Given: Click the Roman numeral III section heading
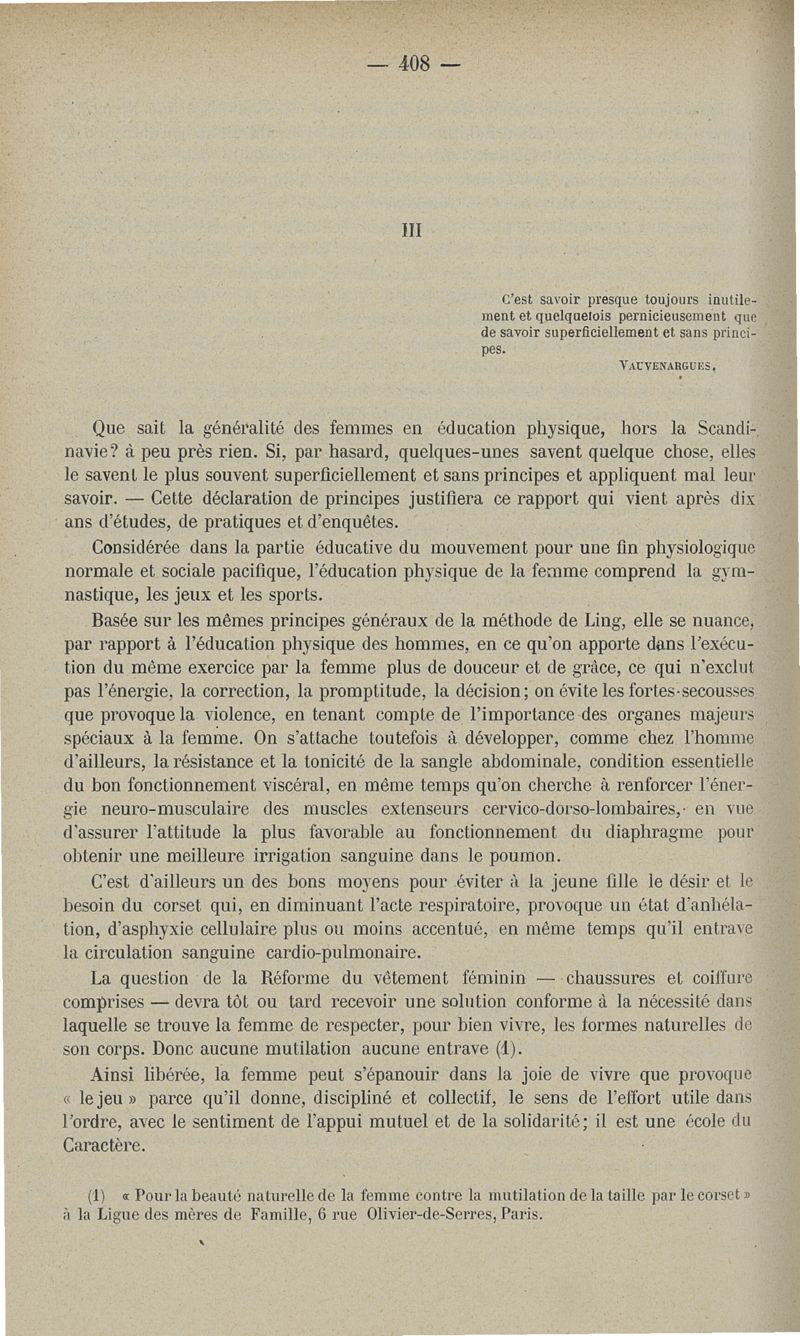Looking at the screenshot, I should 409,229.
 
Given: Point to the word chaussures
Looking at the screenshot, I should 613,977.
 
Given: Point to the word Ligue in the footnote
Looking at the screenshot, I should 126,1215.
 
